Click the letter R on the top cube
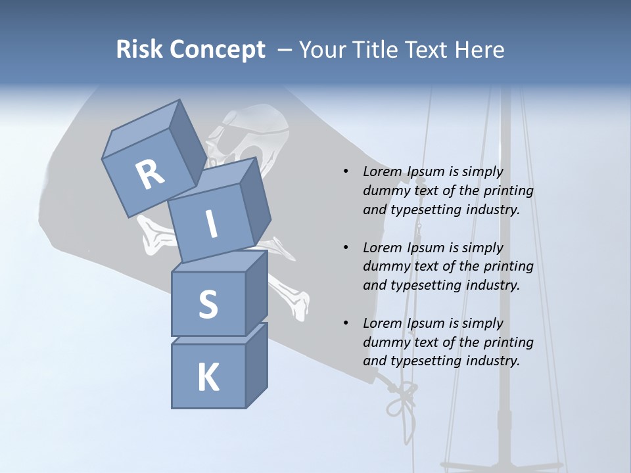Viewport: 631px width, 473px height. [150, 175]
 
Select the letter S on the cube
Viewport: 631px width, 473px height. [208, 304]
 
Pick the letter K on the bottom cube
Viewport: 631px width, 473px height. [208, 378]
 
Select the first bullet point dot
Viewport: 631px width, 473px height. [346, 172]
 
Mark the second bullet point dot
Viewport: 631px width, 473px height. [346, 248]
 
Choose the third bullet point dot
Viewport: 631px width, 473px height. [346, 324]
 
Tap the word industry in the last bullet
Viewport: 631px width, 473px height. [491, 361]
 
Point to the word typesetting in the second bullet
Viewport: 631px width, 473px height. [422, 285]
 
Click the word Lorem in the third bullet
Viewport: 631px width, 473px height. [383, 323]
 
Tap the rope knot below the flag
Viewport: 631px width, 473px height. [400, 397]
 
